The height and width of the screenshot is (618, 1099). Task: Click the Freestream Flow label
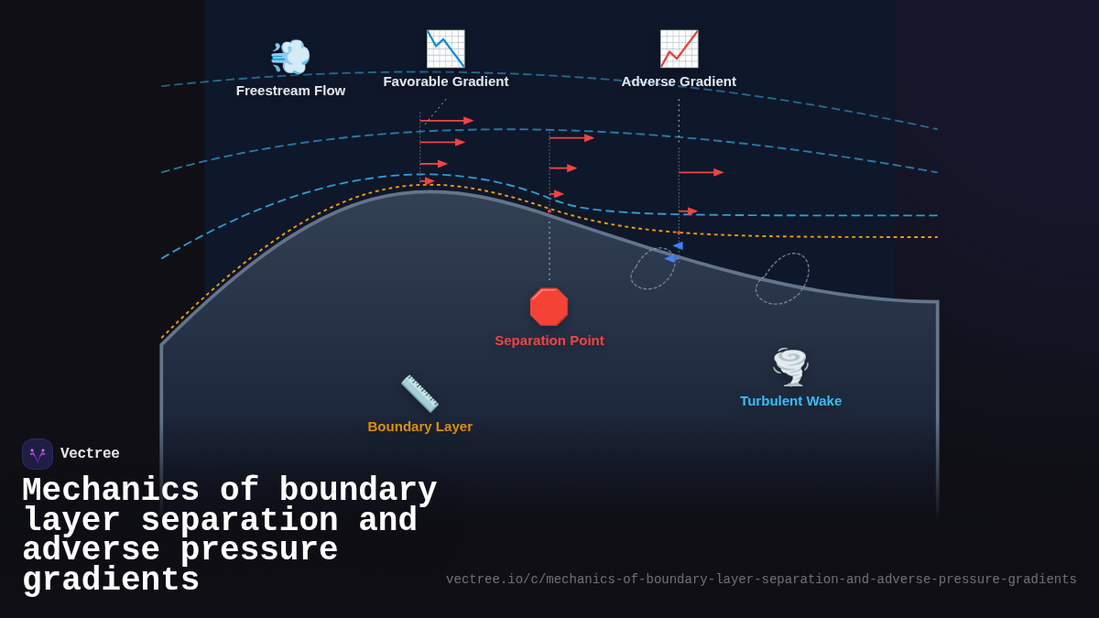(290, 91)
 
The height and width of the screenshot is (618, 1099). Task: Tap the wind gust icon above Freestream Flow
(290, 57)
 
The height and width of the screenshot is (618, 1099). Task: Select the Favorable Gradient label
(446, 81)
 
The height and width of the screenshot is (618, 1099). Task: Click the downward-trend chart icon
(446, 49)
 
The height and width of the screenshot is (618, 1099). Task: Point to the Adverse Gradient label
(679, 81)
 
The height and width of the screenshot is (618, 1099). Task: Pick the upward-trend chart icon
(679, 49)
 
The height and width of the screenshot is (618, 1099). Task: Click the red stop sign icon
(549, 307)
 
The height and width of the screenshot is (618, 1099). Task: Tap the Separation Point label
(549, 341)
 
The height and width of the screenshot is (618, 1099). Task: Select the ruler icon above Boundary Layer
(419, 394)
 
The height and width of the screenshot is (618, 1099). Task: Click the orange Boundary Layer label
(420, 427)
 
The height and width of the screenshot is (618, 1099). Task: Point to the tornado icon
(790, 366)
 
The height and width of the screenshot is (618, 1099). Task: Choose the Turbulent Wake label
(790, 401)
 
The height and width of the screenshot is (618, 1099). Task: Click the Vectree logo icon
(38, 454)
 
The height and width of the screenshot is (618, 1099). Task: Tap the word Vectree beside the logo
(90, 454)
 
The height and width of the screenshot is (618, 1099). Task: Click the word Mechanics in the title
(111, 491)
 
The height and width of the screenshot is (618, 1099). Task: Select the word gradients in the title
(111, 580)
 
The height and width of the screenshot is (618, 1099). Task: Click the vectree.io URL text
(761, 580)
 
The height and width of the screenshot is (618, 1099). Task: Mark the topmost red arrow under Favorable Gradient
(446, 121)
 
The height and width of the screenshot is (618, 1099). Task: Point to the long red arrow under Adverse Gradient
(701, 172)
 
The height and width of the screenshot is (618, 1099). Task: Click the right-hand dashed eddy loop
(782, 278)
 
